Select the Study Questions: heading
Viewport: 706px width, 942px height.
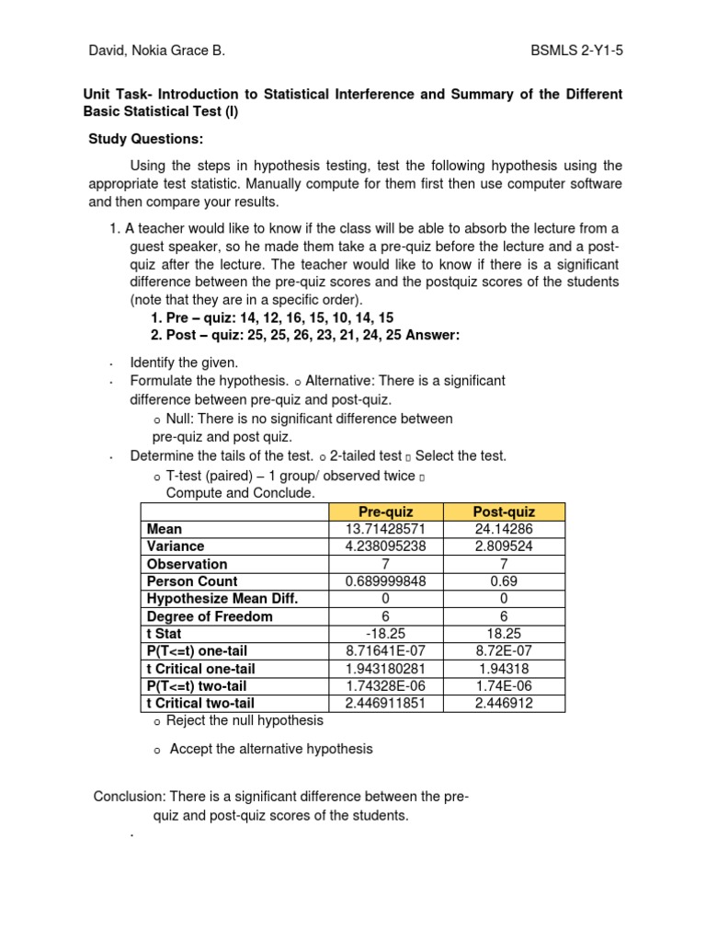coord(145,139)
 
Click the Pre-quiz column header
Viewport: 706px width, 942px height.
coord(386,511)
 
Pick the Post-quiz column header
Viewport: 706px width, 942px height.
coord(504,511)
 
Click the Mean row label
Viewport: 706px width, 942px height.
coord(165,529)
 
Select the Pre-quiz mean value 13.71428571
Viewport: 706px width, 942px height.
coord(386,529)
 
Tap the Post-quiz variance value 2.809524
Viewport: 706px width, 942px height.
coord(504,546)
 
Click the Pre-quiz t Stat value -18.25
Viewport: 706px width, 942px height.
coord(386,634)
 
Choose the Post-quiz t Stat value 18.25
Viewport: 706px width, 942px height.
coord(504,634)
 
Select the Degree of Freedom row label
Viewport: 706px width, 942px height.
coord(210,616)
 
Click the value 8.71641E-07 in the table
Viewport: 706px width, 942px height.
coord(386,651)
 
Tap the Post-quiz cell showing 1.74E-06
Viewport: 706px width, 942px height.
coord(504,686)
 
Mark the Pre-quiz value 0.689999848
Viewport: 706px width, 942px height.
coord(386,581)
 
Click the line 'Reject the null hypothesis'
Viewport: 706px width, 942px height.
coord(245,720)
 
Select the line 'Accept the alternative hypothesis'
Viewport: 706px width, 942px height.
coord(271,749)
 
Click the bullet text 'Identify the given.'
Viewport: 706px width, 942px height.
coord(184,362)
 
